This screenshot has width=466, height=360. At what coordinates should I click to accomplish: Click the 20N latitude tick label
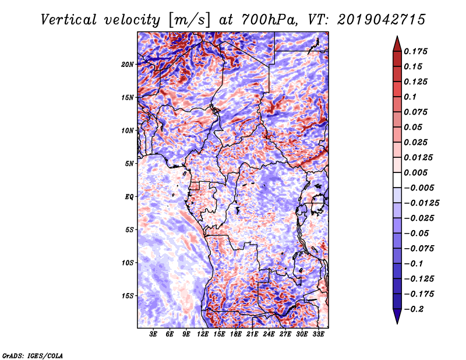pos(128,64)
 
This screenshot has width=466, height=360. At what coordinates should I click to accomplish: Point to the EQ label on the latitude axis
pos(129,196)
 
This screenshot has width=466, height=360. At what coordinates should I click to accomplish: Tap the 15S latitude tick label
pos(128,296)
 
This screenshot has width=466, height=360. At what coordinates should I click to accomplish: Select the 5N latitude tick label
pos(129,164)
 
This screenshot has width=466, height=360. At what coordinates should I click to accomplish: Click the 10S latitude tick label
pos(128,263)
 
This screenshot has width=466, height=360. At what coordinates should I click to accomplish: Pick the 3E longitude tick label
pos(153,334)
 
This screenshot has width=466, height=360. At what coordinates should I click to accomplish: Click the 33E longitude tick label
pos(318,334)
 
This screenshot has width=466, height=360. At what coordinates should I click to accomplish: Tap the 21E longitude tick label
pos(252,334)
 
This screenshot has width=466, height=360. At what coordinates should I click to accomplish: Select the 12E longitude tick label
pos(203,334)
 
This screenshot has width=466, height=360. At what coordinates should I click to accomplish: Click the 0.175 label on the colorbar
pos(415,51)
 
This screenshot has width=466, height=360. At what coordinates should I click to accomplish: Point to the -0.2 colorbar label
pos(414,309)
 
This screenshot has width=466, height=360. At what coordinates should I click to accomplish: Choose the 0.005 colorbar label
pos(415,172)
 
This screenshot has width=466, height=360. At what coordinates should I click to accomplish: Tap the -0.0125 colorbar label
pos(421,203)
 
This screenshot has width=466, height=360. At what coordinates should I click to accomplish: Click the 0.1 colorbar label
pos(410,97)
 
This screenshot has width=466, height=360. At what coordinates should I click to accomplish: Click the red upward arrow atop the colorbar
pos(397,44)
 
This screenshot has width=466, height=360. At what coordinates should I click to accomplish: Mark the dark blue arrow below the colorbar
pos(397,316)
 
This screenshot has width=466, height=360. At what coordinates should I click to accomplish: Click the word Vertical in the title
pos(69,20)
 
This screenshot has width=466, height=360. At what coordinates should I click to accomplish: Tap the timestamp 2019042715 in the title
pos(382,20)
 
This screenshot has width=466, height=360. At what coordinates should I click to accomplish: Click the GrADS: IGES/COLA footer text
pos(33,355)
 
